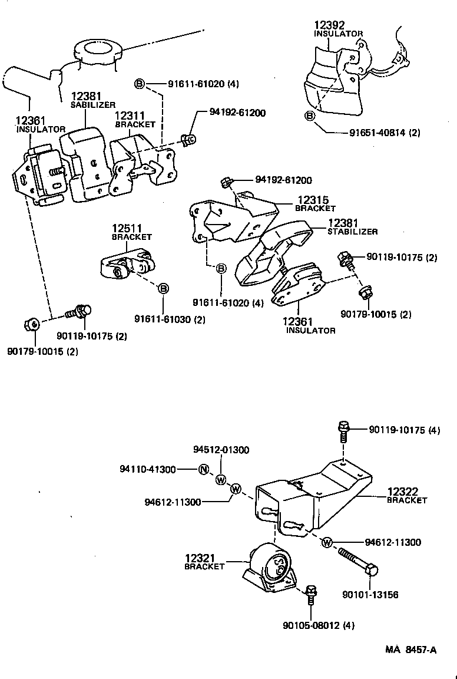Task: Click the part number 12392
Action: [329, 25]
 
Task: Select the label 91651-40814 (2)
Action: [382, 133]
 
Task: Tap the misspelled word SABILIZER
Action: [93, 105]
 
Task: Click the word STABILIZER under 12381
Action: [353, 232]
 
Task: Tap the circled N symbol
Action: [204, 470]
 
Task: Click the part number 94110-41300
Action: [147, 470]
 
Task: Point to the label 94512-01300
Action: [221, 450]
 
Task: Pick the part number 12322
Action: [403, 492]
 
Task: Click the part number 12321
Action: [200, 558]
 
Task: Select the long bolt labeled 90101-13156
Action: [358, 563]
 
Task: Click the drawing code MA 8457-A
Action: [411, 650]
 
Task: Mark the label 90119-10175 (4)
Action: [405, 430]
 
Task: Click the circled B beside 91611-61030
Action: [163, 288]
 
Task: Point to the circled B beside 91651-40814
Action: [310, 116]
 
